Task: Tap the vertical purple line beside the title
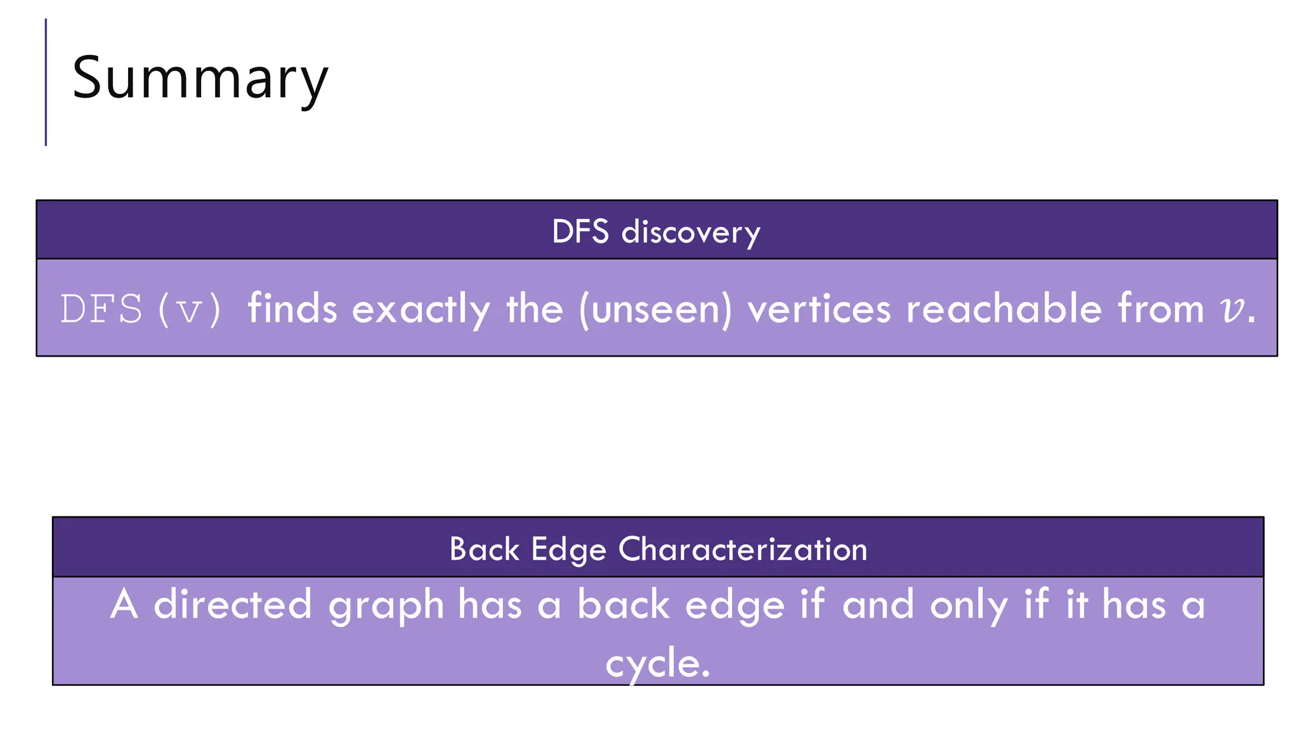(x=46, y=82)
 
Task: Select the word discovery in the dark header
(x=691, y=232)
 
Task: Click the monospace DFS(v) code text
(x=140, y=310)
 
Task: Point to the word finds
(x=292, y=308)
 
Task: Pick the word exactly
(x=421, y=310)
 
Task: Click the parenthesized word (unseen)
(x=655, y=310)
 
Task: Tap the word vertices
(x=819, y=310)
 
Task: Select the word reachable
(x=1004, y=308)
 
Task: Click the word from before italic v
(x=1160, y=308)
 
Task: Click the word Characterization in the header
(x=743, y=549)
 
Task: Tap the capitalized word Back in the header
(x=484, y=549)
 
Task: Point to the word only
(x=969, y=605)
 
